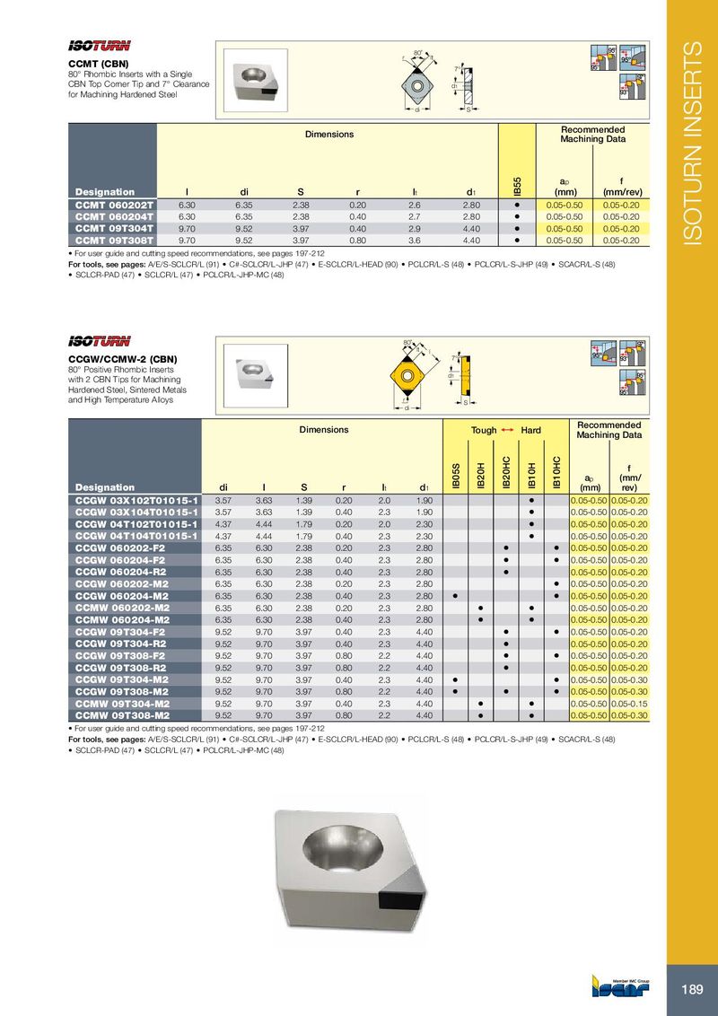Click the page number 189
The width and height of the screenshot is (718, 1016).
[691, 989]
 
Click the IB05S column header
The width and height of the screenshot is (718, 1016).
[456, 474]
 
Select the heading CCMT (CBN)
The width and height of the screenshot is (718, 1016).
[99, 65]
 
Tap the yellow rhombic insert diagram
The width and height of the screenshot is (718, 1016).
[407, 372]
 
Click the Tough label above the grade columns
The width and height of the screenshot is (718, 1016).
[484, 431]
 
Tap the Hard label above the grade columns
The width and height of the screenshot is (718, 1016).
[531, 431]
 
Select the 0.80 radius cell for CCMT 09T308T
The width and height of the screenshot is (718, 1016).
[357, 241]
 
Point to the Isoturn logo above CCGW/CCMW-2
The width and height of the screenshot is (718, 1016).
[101, 340]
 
